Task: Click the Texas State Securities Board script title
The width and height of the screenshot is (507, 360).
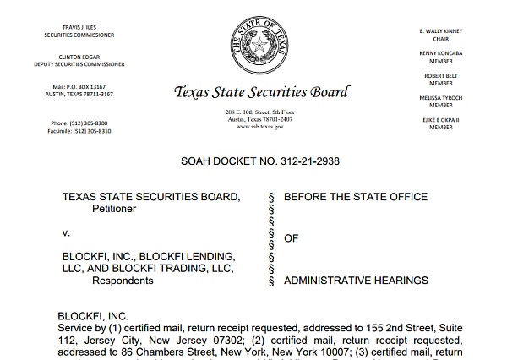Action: (x=259, y=92)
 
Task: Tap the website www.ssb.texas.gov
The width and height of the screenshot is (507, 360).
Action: (x=259, y=126)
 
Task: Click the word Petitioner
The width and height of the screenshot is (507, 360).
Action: (x=118, y=208)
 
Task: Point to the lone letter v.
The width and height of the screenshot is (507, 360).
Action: (x=66, y=231)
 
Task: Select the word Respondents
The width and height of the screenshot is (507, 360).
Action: (x=123, y=280)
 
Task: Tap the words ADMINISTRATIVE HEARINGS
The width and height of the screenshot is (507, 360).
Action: (x=356, y=280)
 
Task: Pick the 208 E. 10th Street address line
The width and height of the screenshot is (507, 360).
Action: (x=259, y=112)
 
